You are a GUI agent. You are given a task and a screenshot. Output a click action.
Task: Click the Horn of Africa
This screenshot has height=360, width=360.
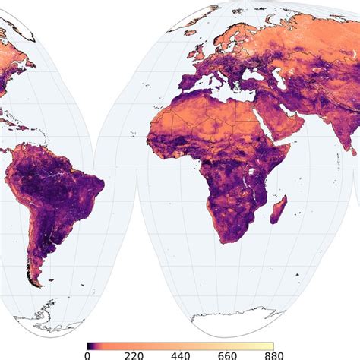[292, 148]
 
